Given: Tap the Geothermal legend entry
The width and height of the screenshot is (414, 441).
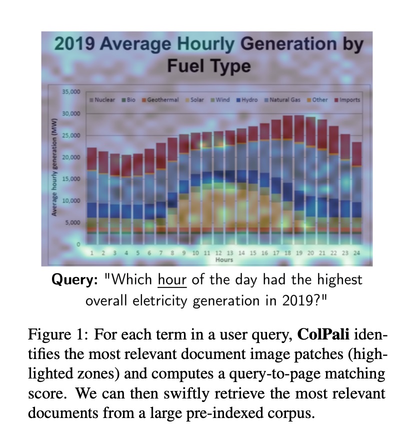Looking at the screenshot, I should pyautogui.click(x=161, y=100).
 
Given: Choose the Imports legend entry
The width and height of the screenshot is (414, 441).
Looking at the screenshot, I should pyautogui.click(x=348, y=100).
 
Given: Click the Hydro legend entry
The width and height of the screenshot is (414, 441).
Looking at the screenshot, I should pyautogui.click(x=247, y=100).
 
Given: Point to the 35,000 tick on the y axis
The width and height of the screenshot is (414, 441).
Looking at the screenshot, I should pyautogui.click(x=71, y=92).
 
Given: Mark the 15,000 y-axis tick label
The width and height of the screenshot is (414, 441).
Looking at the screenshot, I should pyautogui.click(x=71, y=179).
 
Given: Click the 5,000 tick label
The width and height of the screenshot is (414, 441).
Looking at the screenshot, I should pyautogui.click(x=72, y=222).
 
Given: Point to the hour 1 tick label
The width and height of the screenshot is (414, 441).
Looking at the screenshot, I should pyautogui.click(x=92, y=253).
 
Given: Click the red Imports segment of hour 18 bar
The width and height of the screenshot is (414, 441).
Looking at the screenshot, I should pyautogui.click(x=287, y=127).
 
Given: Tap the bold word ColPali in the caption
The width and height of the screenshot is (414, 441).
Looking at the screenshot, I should pyautogui.click(x=320, y=334).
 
